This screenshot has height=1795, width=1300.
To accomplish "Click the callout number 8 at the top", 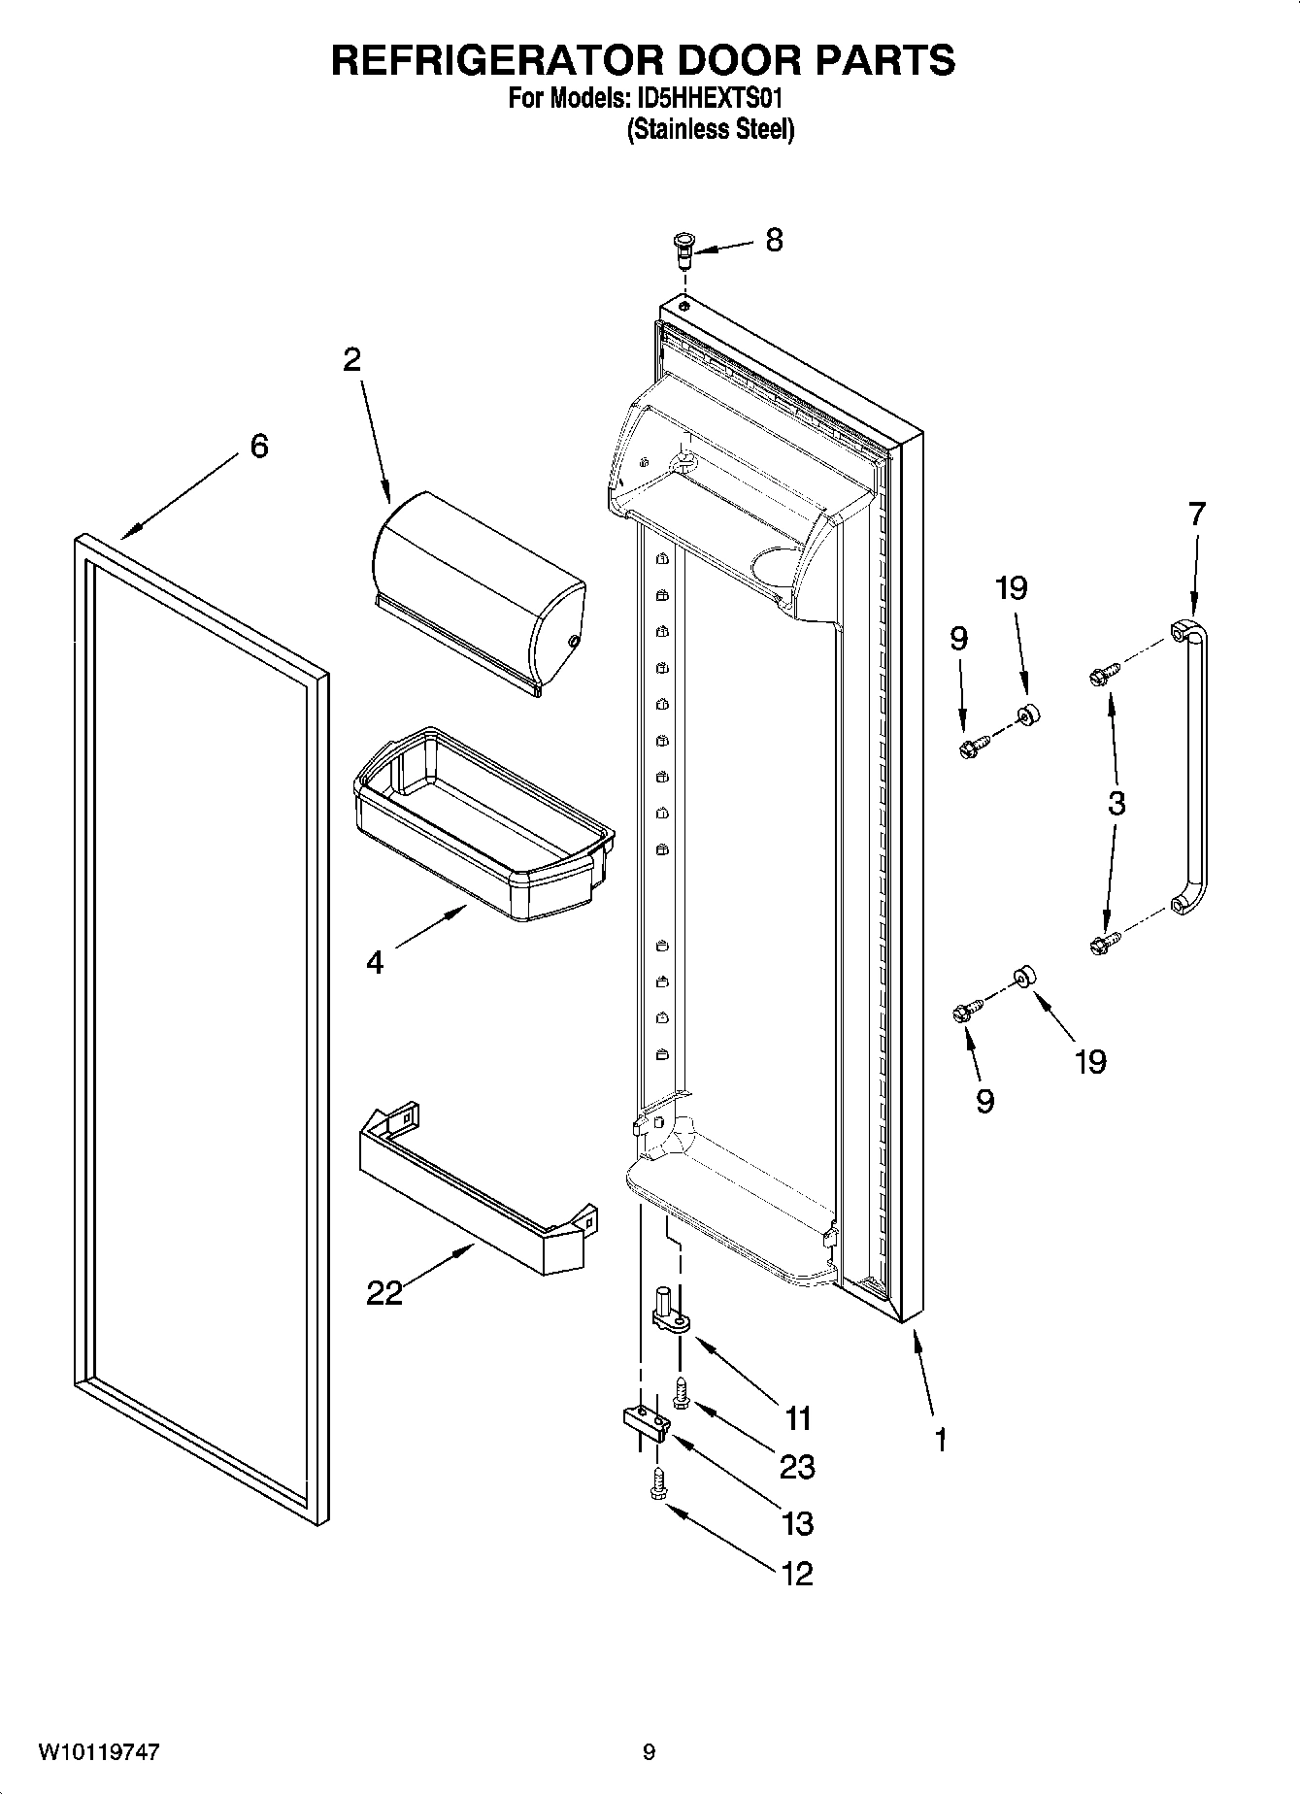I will coord(773,240).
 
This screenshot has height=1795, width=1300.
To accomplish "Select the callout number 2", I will coord(351,360).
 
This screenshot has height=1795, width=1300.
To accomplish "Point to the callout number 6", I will coord(259,447).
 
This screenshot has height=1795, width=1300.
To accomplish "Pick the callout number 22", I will coord(384,1292).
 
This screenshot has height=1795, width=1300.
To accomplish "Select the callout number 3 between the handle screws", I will coord(1117,804).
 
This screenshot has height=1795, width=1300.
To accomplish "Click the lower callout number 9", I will coord(984,1100).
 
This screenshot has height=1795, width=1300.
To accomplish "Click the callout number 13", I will coord(797,1523).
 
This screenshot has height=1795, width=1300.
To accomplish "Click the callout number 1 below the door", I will coord(940,1439).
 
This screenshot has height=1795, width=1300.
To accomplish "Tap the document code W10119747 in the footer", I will coord(99,1752).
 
